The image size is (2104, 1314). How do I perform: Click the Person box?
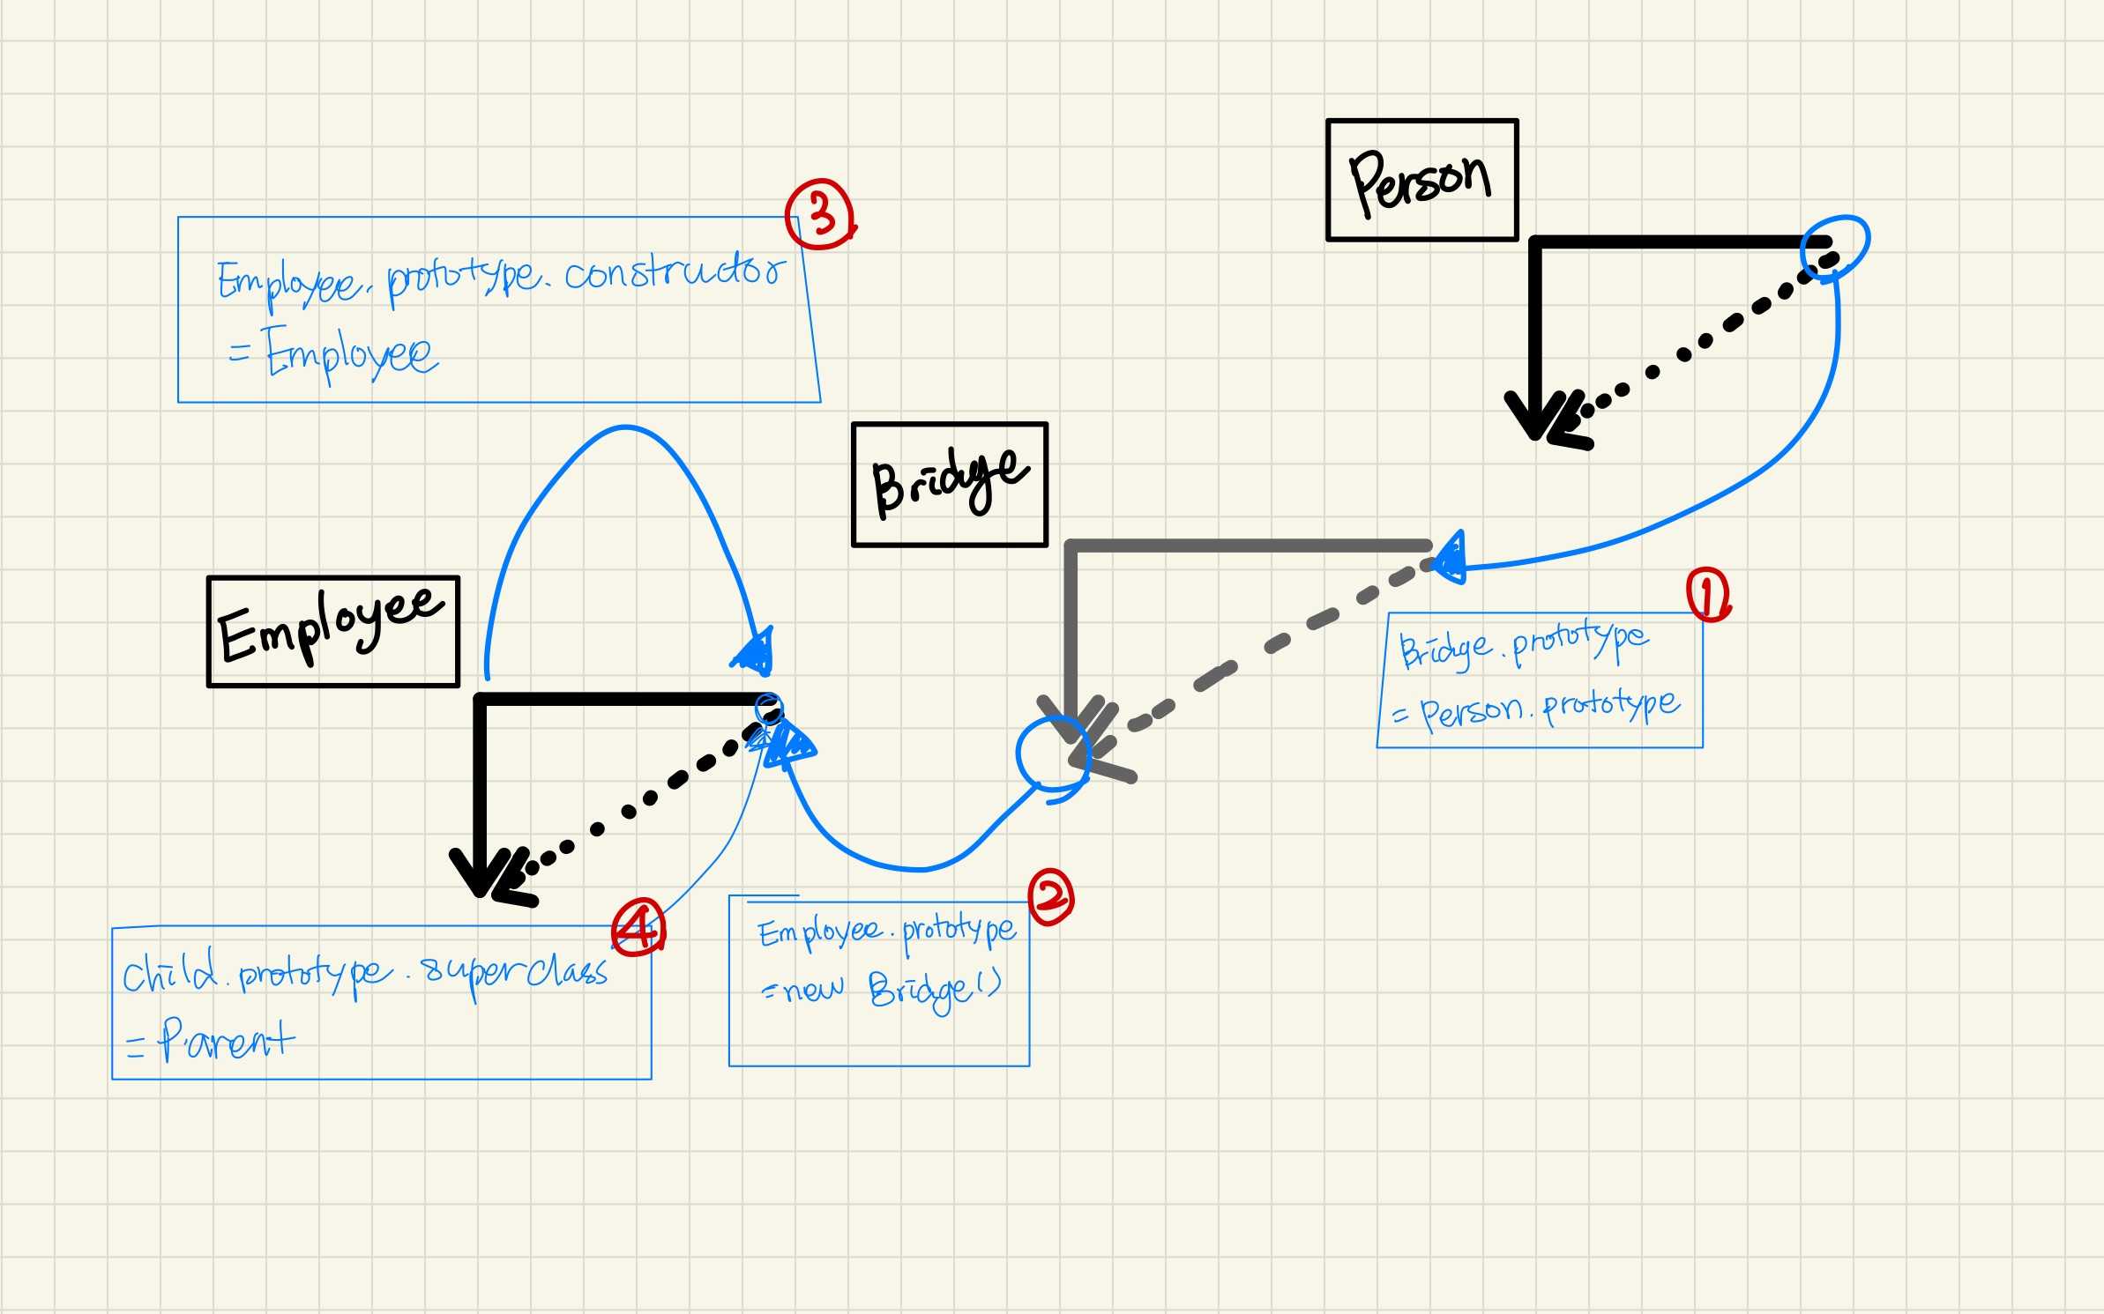(1421, 180)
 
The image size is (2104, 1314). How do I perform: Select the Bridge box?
(949, 485)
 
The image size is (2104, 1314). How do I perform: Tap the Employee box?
(332, 631)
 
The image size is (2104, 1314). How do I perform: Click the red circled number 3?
(820, 214)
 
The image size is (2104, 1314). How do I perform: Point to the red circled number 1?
(1708, 595)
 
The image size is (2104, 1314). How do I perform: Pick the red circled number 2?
(1051, 897)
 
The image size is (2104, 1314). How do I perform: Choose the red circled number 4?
(638, 926)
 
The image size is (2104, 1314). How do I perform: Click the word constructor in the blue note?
(675, 273)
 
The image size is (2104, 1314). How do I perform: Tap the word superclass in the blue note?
(515, 973)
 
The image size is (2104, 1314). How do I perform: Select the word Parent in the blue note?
(227, 1041)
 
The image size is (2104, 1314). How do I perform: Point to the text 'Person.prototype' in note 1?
(1549, 708)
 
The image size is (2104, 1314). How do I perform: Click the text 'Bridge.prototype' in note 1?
(1523, 645)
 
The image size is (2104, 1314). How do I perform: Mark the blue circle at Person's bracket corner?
(1834, 246)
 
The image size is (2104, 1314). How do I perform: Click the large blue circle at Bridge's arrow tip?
(1053, 753)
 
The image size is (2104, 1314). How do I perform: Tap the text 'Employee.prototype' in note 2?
(887, 931)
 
